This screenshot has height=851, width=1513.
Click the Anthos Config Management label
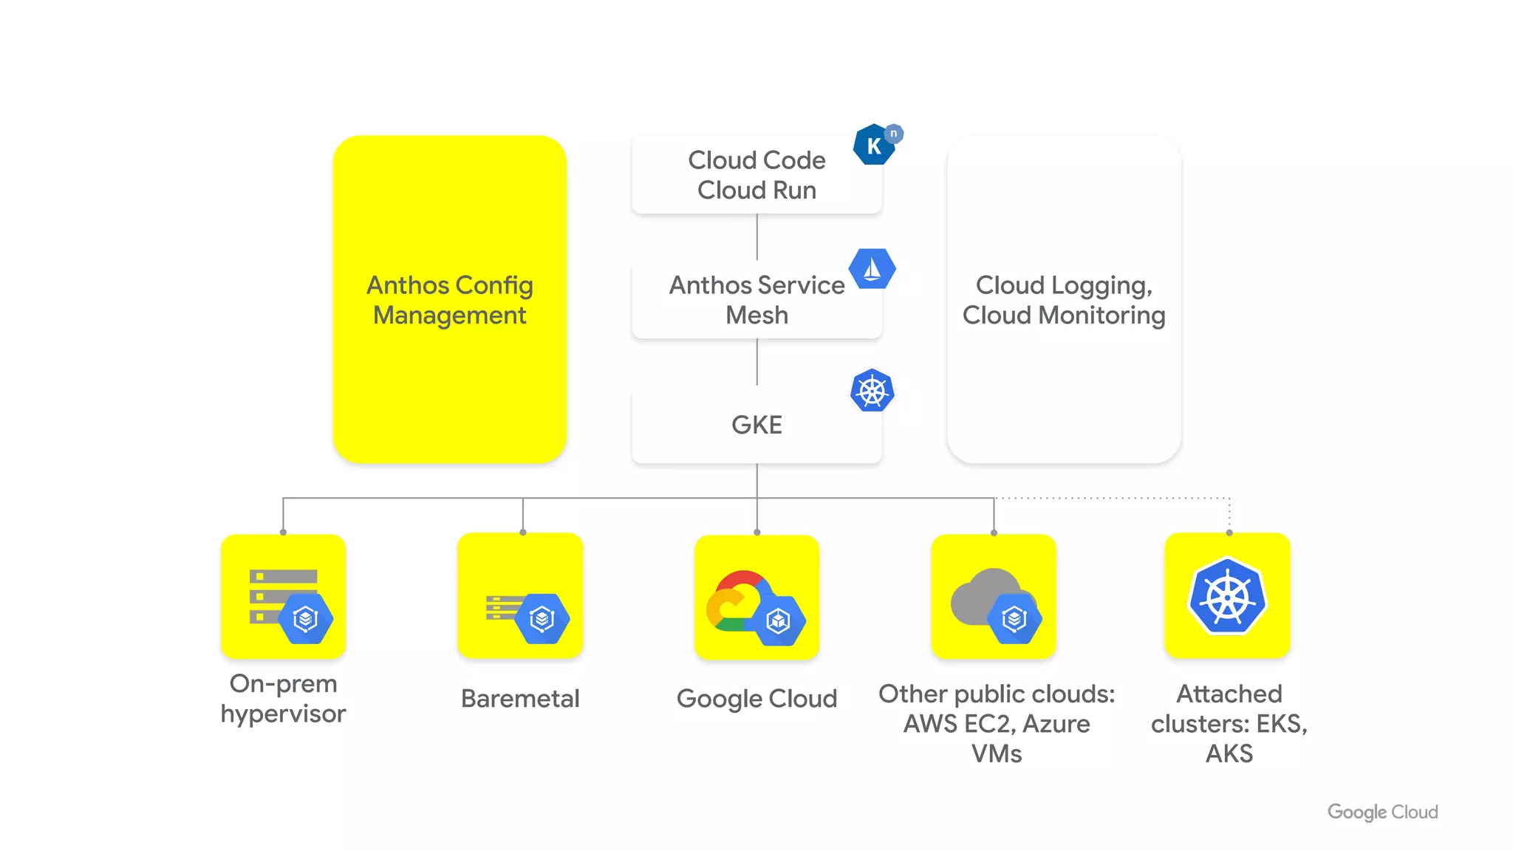[x=449, y=300]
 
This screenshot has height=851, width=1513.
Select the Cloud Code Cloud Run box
[x=756, y=176]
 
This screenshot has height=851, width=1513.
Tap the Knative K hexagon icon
[x=875, y=145]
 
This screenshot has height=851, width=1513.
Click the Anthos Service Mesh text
[x=756, y=300]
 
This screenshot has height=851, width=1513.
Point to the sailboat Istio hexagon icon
[x=872, y=269]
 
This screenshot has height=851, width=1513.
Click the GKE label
[x=756, y=425]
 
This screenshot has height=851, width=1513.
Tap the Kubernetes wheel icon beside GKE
[x=872, y=391]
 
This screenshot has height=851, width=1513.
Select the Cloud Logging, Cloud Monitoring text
[x=1063, y=300]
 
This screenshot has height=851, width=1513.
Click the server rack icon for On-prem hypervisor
[x=284, y=596]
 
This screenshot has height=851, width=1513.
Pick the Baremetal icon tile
[x=520, y=596]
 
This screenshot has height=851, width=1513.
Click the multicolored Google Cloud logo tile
[x=756, y=596]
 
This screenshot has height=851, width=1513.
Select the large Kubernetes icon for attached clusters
[x=1228, y=596]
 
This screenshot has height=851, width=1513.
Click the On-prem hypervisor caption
[x=283, y=698]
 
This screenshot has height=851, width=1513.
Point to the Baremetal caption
[x=520, y=698]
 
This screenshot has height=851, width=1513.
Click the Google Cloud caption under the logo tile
[x=756, y=698]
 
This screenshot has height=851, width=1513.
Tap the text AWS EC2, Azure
[x=996, y=724]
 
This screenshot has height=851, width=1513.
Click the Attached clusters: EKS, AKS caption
[x=1229, y=723]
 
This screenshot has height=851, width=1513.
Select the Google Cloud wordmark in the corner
[x=1382, y=812]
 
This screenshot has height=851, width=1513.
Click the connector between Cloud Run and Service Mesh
[x=756, y=237]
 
